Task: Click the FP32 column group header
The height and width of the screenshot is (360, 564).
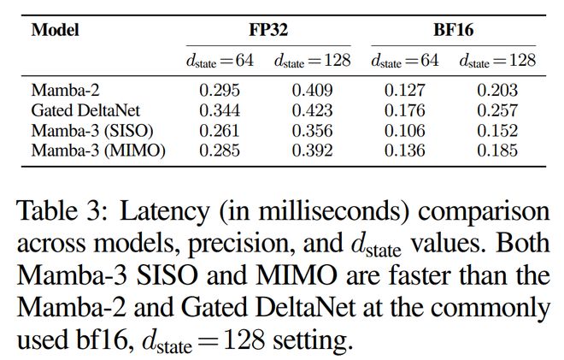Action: tap(268, 30)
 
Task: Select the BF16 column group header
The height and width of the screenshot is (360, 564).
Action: tap(453, 30)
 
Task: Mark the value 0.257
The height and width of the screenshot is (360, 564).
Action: tap(497, 110)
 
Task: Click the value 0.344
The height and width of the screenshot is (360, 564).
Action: tap(220, 110)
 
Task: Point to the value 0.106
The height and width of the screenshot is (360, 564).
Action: tap(404, 131)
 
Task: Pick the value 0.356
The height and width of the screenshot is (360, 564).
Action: tap(314, 131)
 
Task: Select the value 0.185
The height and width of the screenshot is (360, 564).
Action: tap(497, 151)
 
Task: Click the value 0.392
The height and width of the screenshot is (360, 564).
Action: tap(314, 151)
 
